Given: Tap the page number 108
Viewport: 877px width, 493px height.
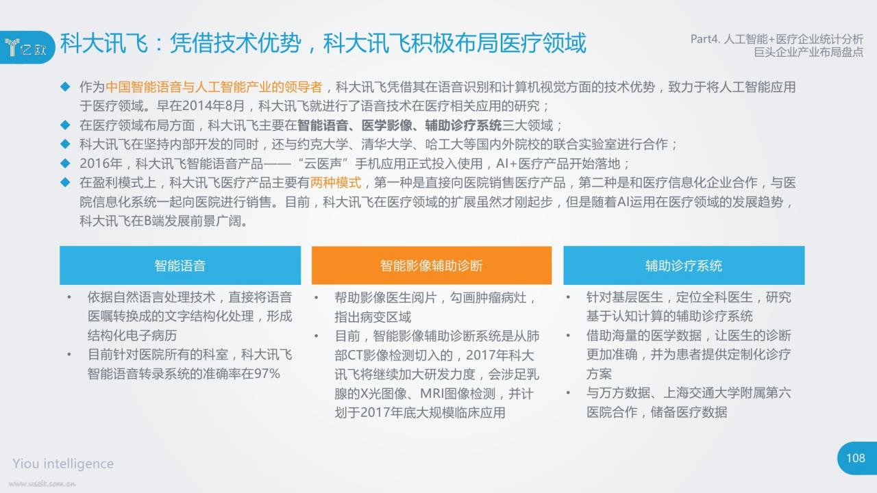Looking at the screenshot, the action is click(x=856, y=458).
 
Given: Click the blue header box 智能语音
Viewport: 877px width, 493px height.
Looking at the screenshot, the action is click(x=180, y=265).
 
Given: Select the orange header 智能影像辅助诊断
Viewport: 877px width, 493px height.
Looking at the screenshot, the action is click(x=432, y=265).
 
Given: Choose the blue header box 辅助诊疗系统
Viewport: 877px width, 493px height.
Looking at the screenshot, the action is click(x=684, y=265).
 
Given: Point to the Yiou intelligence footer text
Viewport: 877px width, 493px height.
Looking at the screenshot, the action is click(x=63, y=464).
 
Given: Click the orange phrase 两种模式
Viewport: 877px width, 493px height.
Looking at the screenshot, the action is click(x=336, y=182).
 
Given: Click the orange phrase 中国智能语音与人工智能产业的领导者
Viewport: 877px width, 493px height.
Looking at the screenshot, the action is click(x=214, y=87).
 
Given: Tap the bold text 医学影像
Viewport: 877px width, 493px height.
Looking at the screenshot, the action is click(x=387, y=125).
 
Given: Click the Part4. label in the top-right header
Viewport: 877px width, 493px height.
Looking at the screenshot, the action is click(x=705, y=39).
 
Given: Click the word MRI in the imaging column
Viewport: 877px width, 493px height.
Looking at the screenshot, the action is click(x=432, y=393).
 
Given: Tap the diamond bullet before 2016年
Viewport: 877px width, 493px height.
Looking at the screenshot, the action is click(x=65, y=163).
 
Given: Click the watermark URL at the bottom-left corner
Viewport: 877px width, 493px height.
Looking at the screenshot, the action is click(x=42, y=484).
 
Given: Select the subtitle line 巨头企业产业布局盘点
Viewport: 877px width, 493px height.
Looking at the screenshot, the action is click(x=808, y=52).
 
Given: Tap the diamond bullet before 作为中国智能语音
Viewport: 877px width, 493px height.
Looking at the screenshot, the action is click(x=65, y=86).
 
